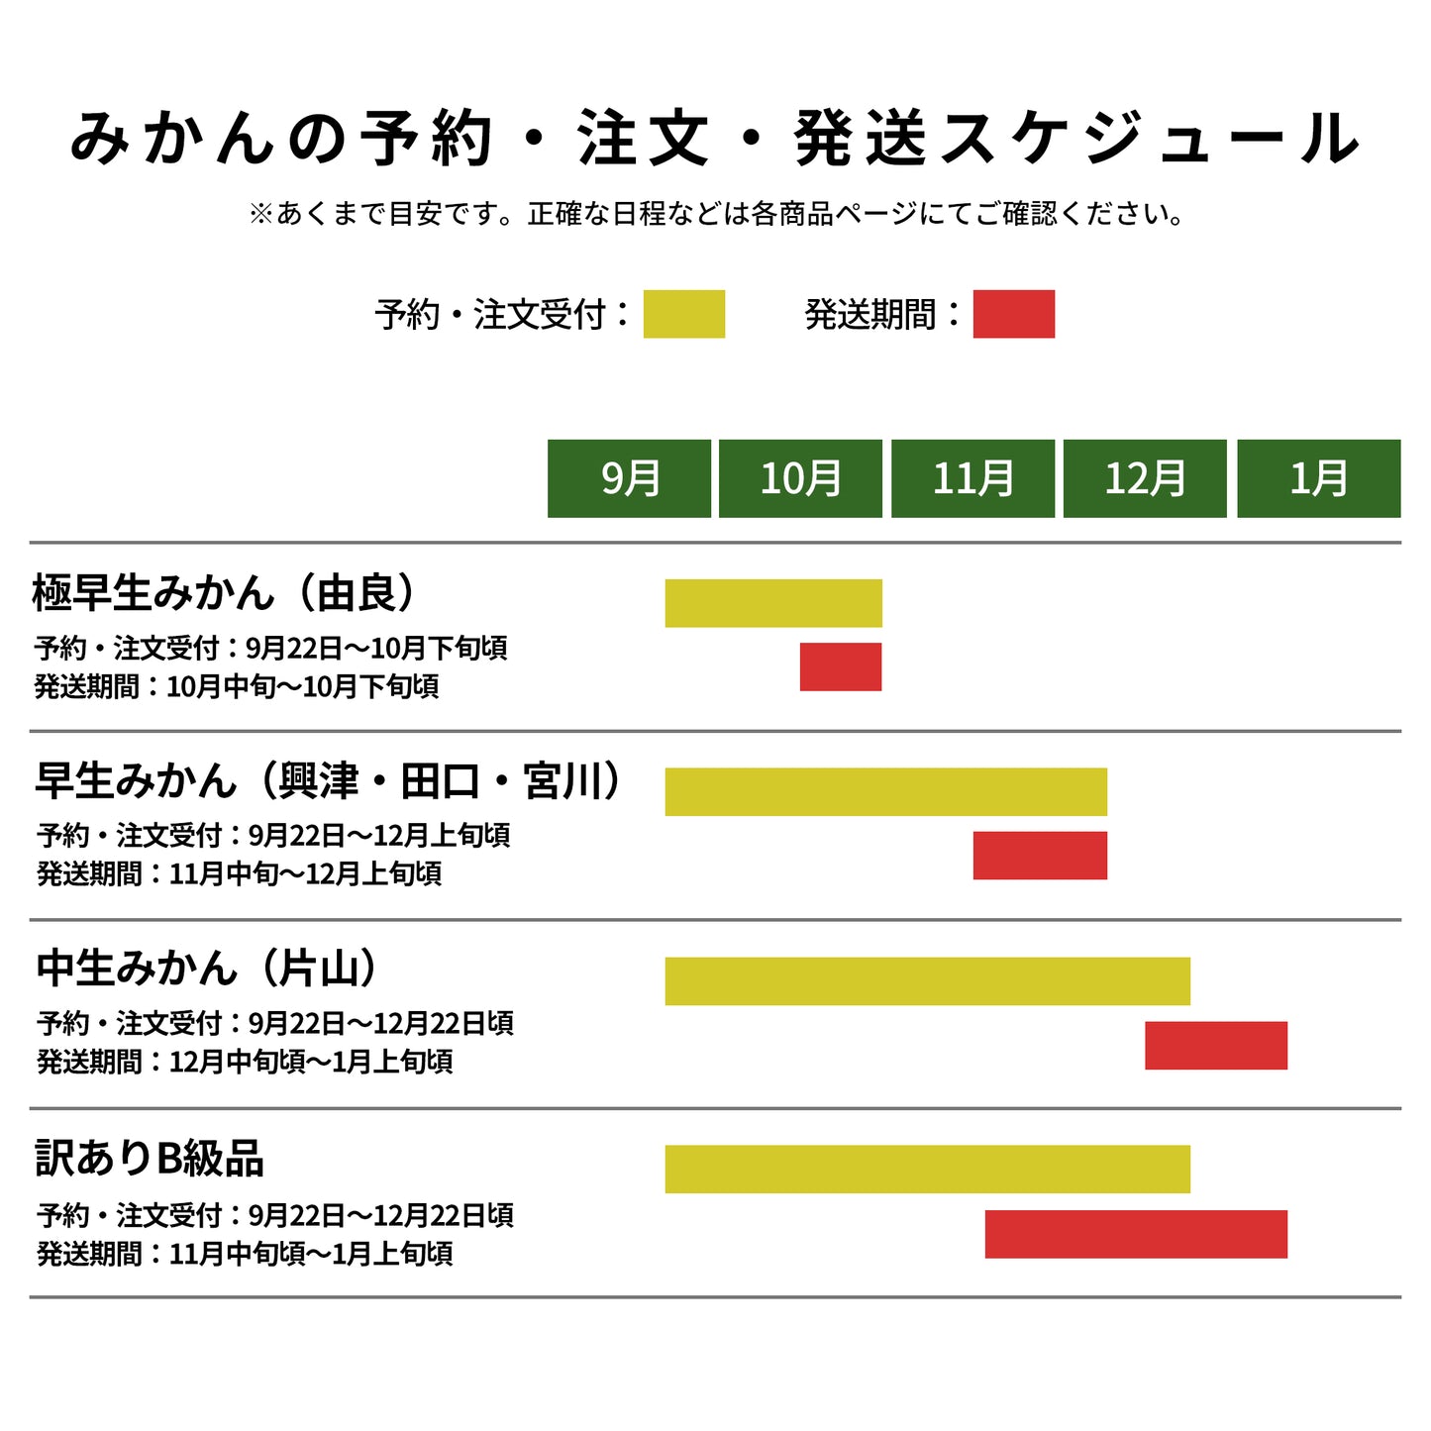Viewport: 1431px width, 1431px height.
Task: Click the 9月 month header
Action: [629, 478]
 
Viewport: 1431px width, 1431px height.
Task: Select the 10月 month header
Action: [800, 478]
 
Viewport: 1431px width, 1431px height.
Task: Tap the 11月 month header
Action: [972, 478]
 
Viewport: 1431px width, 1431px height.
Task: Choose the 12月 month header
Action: [1145, 478]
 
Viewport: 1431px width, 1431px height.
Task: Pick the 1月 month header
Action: [1318, 478]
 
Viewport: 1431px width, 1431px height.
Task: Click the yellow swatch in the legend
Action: [684, 314]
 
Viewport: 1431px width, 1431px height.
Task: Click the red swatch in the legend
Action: [1013, 314]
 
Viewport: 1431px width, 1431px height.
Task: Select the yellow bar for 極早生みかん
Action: [773, 603]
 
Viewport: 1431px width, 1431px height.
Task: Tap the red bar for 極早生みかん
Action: [841, 666]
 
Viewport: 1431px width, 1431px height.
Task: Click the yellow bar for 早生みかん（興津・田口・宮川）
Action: [885, 792]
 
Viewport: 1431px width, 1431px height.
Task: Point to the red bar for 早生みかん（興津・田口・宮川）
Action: [1040, 856]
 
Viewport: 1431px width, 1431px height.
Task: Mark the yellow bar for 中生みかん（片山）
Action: [927, 981]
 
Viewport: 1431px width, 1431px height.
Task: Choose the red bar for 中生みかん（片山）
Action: [1216, 1046]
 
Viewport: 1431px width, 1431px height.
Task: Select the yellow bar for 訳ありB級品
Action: [927, 1170]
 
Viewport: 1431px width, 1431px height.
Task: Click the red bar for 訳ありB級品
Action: [1136, 1234]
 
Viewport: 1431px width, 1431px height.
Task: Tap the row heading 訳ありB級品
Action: [150, 1158]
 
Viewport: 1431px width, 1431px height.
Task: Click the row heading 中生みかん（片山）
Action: [207, 969]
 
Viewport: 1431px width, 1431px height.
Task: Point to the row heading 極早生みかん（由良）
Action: [224, 592]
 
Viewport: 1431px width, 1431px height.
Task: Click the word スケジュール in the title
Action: [1149, 138]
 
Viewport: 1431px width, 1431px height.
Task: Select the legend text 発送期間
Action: [869, 315]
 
